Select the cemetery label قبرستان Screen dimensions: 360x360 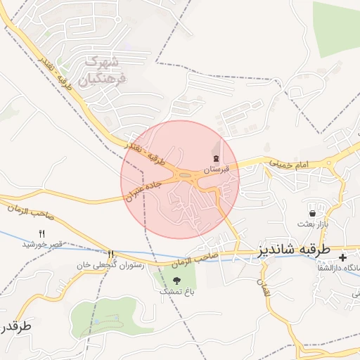[x=217, y=170]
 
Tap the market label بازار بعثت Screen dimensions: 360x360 [x=313, y=224]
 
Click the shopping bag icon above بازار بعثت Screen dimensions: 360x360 [x=312, y=212]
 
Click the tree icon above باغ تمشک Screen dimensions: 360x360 [x=176, y=281]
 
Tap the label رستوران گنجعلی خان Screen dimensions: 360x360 [x=115, y=265]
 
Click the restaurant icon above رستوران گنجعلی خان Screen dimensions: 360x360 [x=110, y=254]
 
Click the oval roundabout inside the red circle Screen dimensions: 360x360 [x=185, y=176]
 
